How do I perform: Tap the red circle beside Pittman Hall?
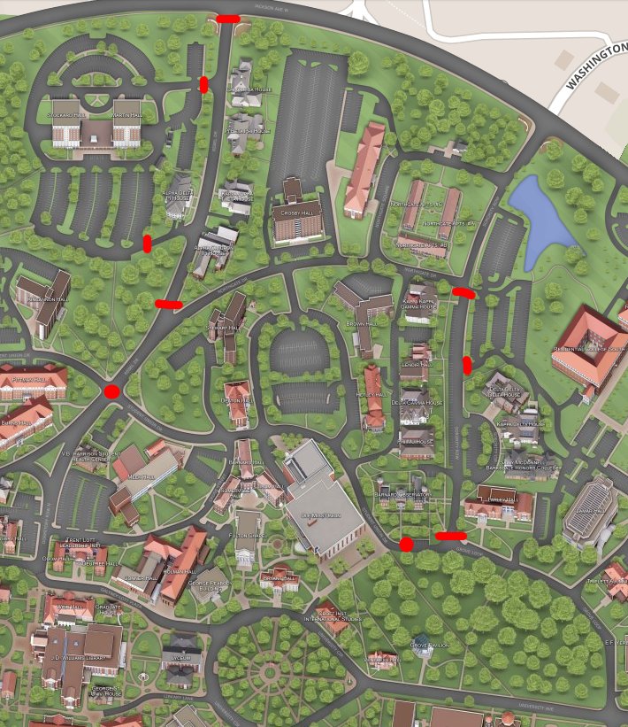(x=111, y=391)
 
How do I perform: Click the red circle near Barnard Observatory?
(x=406, y=544)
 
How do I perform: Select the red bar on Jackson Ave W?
(x=227, y=17)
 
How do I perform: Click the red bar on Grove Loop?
(x=451, y=535)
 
